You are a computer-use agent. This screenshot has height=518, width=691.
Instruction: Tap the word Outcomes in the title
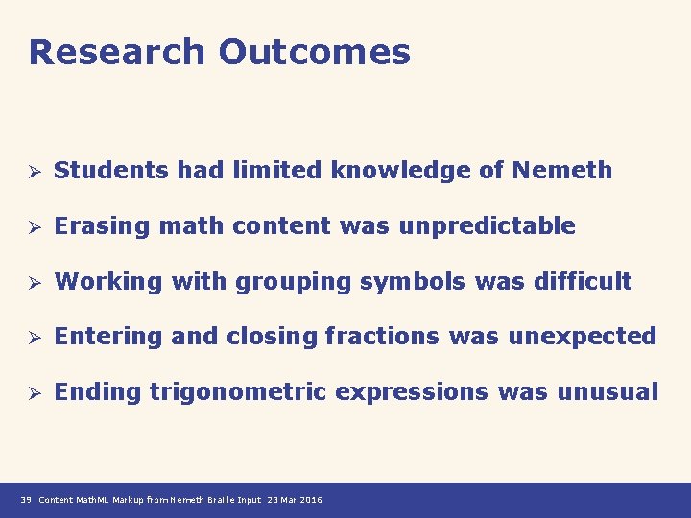pos(314,52)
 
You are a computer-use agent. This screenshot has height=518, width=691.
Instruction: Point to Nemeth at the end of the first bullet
pos(561,171)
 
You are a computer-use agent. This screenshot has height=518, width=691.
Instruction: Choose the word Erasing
pos(103,227)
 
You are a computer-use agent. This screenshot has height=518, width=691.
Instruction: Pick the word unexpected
pos(582,338)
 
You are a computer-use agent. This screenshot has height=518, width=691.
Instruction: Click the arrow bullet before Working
pos(32,282)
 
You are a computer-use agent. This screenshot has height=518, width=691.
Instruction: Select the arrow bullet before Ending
pos(32,392)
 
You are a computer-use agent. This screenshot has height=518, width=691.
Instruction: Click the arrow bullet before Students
pos(32,172)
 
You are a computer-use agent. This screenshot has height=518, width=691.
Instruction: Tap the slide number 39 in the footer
pos(25,500)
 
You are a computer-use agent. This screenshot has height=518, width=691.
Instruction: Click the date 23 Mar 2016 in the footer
pos(295,500)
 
